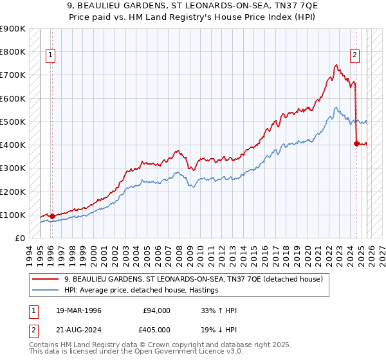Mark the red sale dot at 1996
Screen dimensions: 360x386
pyautogui.click(x=52, y=217)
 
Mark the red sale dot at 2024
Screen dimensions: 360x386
pyautogui.click(x=356, y=144)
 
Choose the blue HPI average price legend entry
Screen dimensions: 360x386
pyautogui.click(x=141, y=290)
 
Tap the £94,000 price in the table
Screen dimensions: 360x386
pyautogui.click(x=157, y=310)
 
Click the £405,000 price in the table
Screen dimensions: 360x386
pyautogui.click(x=157, y=330)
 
